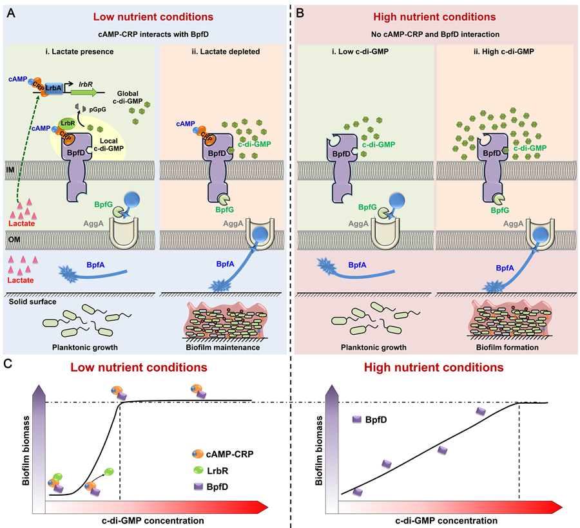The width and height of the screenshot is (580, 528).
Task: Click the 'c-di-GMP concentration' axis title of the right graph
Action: [438, 520]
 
